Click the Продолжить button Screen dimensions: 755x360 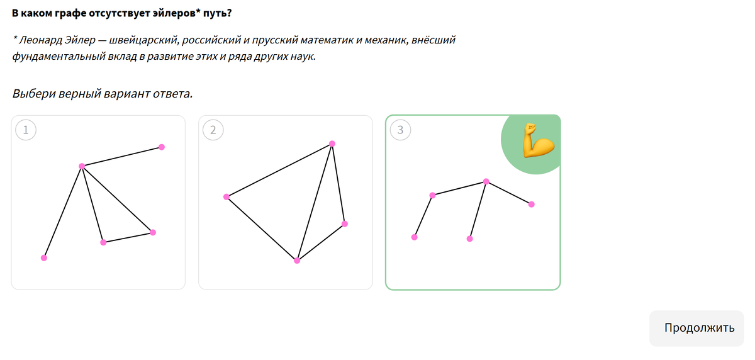click(696, 328)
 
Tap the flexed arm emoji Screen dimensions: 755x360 click(539, 140)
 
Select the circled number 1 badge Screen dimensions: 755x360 click(26, 130)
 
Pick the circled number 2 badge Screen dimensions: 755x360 click(213, 130)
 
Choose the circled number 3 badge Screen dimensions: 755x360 click(400, 130)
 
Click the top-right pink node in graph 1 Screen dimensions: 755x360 click(162, 147)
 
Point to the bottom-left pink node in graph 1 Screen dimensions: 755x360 click(44, 258)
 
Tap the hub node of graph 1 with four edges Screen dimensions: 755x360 click(82, 166)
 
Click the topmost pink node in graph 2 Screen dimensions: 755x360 click(332, 143)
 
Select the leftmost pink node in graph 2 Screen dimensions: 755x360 click(226, 197)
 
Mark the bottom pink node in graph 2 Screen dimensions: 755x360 click(297, 261)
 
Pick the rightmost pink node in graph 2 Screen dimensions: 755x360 click(345, 224)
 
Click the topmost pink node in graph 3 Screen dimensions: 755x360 click(486, 182)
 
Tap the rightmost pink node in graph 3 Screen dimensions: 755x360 click(532, 205)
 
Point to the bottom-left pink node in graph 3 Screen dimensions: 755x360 click(415, 237)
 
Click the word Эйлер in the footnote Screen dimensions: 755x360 click(80, 40)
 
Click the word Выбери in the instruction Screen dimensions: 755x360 click(34, 93)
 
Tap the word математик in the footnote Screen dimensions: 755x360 click(327, 40)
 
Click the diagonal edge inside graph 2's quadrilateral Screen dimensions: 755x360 click(315, 202)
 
